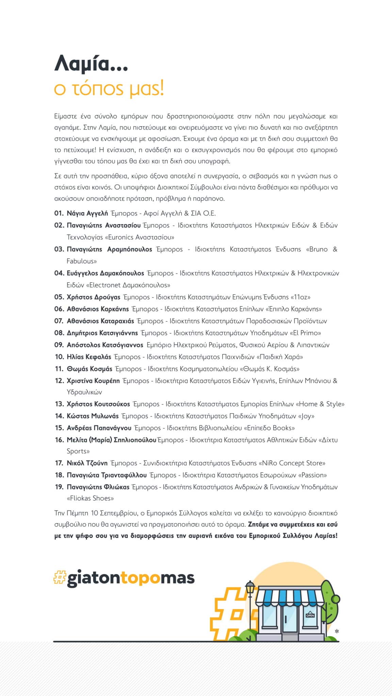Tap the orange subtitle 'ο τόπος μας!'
coord(109,89)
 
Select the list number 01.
coord(59,213)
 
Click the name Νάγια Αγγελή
coord(87,213)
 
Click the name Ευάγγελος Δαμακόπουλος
coord(105,273)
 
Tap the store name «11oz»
coord(300,297)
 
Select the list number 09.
coord(59,345)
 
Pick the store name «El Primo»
coord(305,333)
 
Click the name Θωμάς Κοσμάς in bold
coord(89,369)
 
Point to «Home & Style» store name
coord(320,404)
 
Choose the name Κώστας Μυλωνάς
coord(93,416)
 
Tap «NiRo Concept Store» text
coord(292,463)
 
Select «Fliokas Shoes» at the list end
coord(90,499)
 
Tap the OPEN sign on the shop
coord(310,615)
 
